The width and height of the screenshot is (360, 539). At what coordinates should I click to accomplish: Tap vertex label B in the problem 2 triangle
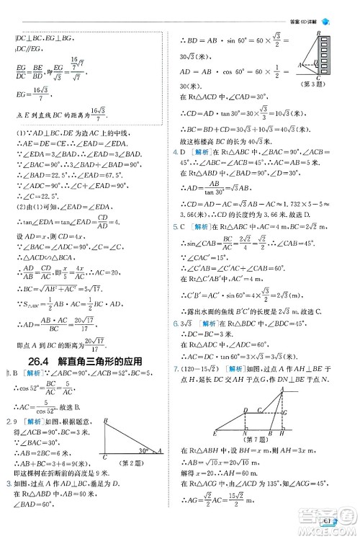(105, 419)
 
